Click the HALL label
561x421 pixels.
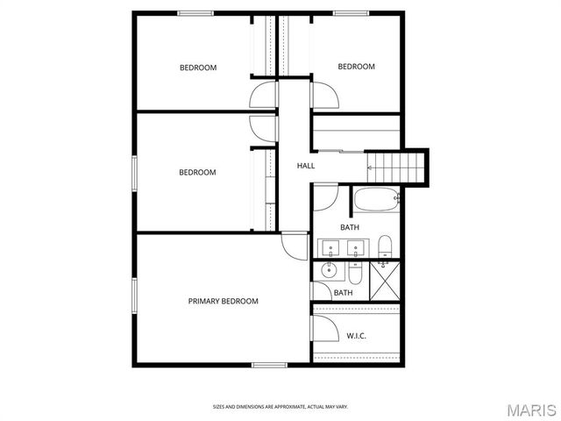click(306, 166)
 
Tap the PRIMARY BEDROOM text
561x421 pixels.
click(224, 302)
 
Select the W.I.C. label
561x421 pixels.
click(356, 335)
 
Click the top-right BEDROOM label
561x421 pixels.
click(357, 67)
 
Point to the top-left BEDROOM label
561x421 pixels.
click(198, 68)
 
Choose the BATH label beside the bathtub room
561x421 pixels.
click(350, 228)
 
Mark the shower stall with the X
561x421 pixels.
click(385, 281)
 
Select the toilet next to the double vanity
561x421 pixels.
click(384, 245)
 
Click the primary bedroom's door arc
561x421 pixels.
click(295, 243)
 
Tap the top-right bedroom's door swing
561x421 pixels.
click(323, 92)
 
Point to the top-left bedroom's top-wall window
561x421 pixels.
click(196, 12)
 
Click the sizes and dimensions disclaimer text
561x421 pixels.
click(280, 406)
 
